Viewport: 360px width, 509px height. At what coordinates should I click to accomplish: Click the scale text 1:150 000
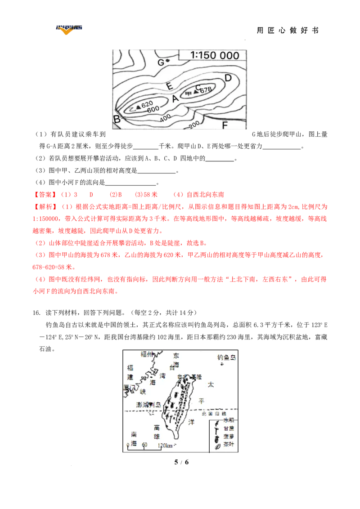tap(214, 55)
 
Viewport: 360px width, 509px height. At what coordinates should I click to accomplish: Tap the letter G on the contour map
tap(160, 62)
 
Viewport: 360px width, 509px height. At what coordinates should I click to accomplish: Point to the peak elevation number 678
tap(205, 90)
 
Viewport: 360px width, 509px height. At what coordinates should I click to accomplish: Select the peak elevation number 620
tap(147, 104)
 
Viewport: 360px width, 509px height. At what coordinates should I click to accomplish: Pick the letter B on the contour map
tap(117, 119)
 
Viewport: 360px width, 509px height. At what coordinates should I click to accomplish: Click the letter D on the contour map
tap(228, 78)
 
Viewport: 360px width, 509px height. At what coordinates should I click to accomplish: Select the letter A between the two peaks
tap(175, 98)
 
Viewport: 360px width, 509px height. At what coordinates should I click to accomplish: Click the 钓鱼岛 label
tap(226, 357)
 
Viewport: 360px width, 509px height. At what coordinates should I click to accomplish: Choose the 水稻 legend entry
tap(229, 420)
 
